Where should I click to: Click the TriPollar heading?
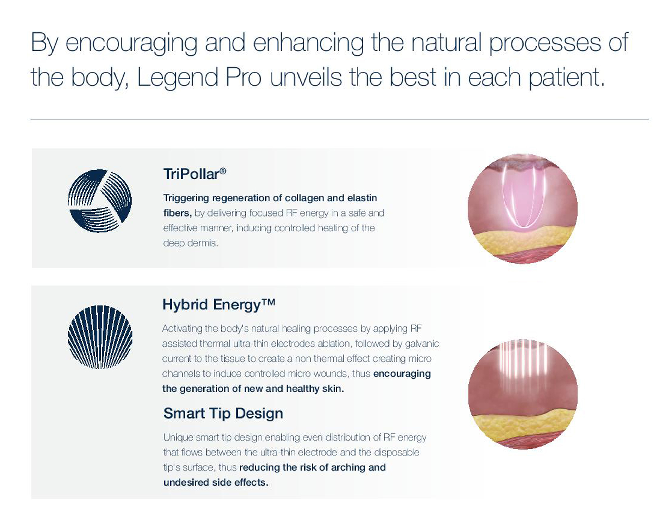pos(195,174)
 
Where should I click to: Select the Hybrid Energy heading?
pos(219,304)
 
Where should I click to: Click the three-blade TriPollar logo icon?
pos(100,201)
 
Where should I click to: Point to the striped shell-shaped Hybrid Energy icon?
pos(100,337)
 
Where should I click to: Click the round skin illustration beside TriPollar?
pos(522,209)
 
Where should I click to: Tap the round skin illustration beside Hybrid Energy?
pos(523,394)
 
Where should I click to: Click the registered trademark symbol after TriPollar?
pos(223,171)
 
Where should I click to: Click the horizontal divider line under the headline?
pos(340,119)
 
